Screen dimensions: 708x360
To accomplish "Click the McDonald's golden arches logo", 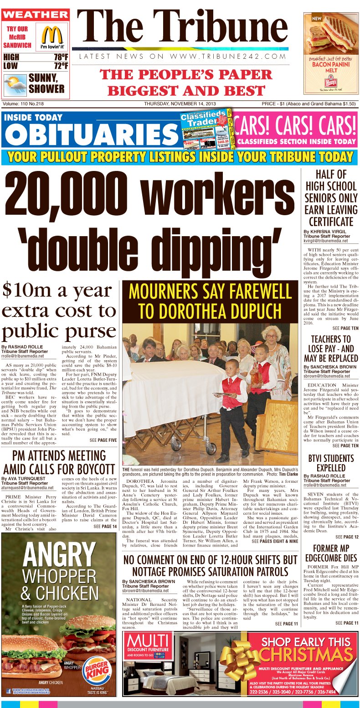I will click(x=51, y=35).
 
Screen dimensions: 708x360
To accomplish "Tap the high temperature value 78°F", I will click(x=60, y=57).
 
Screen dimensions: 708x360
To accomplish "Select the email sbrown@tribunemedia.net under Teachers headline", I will click(x=327, y=376).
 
